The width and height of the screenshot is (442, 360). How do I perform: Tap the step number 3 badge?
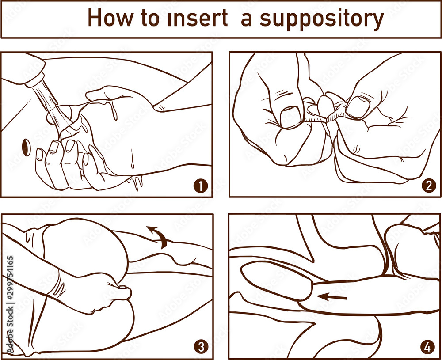(201, 347)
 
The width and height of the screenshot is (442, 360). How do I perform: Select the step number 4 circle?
(428, 347)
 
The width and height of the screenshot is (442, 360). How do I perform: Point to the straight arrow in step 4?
(333, 297)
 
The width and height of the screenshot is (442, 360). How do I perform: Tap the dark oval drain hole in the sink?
(25, 147)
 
